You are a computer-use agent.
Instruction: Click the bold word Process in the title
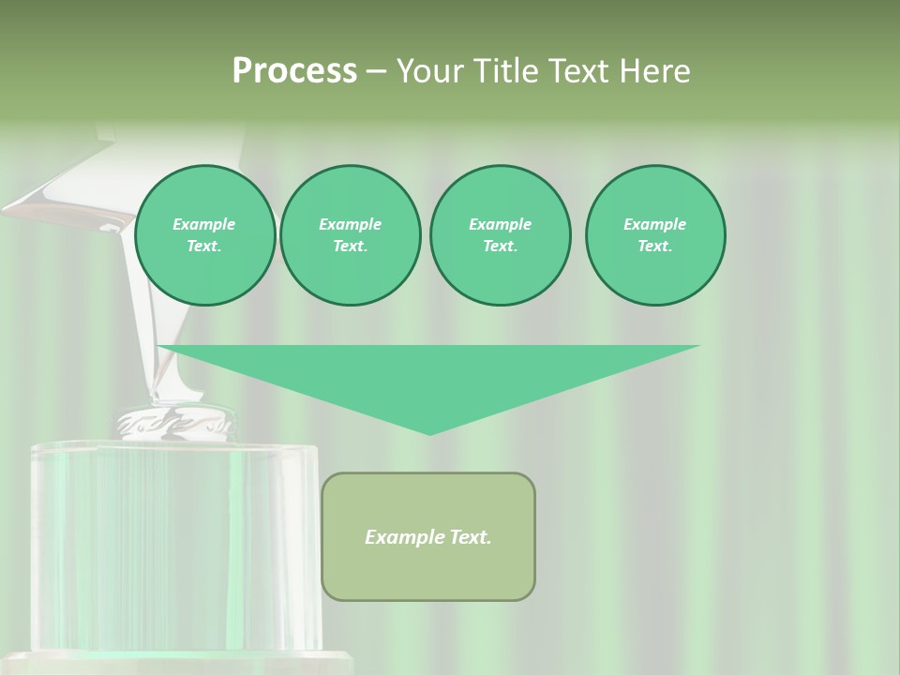294,71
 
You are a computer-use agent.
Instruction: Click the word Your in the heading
433,71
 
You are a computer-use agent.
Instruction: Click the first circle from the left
205,235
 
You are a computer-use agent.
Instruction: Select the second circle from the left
351,235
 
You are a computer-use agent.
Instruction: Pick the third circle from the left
500,235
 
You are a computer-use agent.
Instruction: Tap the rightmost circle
655,235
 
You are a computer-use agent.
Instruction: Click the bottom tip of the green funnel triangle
429,432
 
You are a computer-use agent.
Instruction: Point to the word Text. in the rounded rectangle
470,537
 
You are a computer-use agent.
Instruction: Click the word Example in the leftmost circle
204,224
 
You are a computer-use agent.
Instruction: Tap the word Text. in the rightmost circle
655,247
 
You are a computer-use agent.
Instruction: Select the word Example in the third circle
500,224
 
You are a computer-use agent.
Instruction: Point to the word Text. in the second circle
351,247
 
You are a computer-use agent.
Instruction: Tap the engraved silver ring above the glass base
173,423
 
